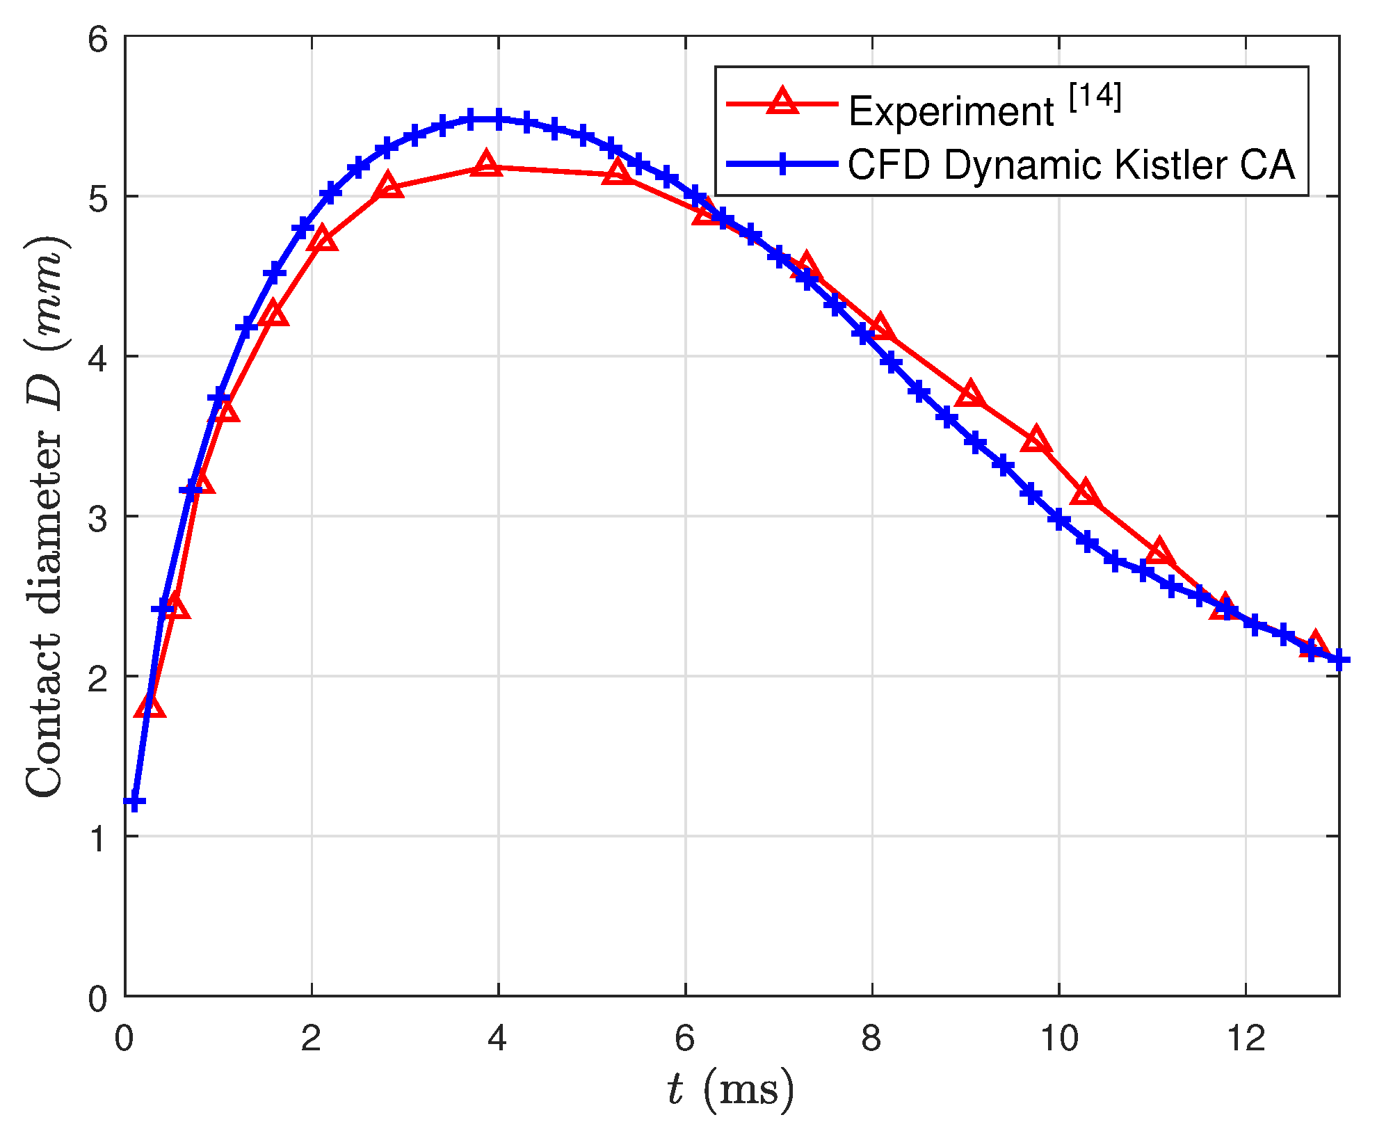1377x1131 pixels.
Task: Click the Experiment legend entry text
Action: pyautogui.click(x=951, y=111)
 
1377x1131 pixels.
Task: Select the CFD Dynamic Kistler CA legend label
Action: pyautogui.click(x=1071, y=166)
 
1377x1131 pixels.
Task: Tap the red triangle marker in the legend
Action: pyautogui.click(x=782, y=102)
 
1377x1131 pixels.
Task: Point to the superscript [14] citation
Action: pyautogui.click(x=1095, y=96)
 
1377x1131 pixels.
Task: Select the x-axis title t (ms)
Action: pyautogui.click(x=730, y=1089)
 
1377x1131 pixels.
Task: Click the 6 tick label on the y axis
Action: pyautogui.click(x=97, y=39)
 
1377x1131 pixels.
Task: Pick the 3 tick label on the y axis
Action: pyautogui.click(x=97, y=518)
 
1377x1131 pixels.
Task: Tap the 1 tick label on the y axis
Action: pyautogui.click(x=97, y=837)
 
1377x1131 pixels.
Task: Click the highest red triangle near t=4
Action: pyautogui.click(x=487, y=164)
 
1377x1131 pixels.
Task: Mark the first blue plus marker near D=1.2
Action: pyautogui.click(x=135, y=803)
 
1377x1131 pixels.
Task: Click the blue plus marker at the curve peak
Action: pyautogui.click(x=498, y=119)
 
